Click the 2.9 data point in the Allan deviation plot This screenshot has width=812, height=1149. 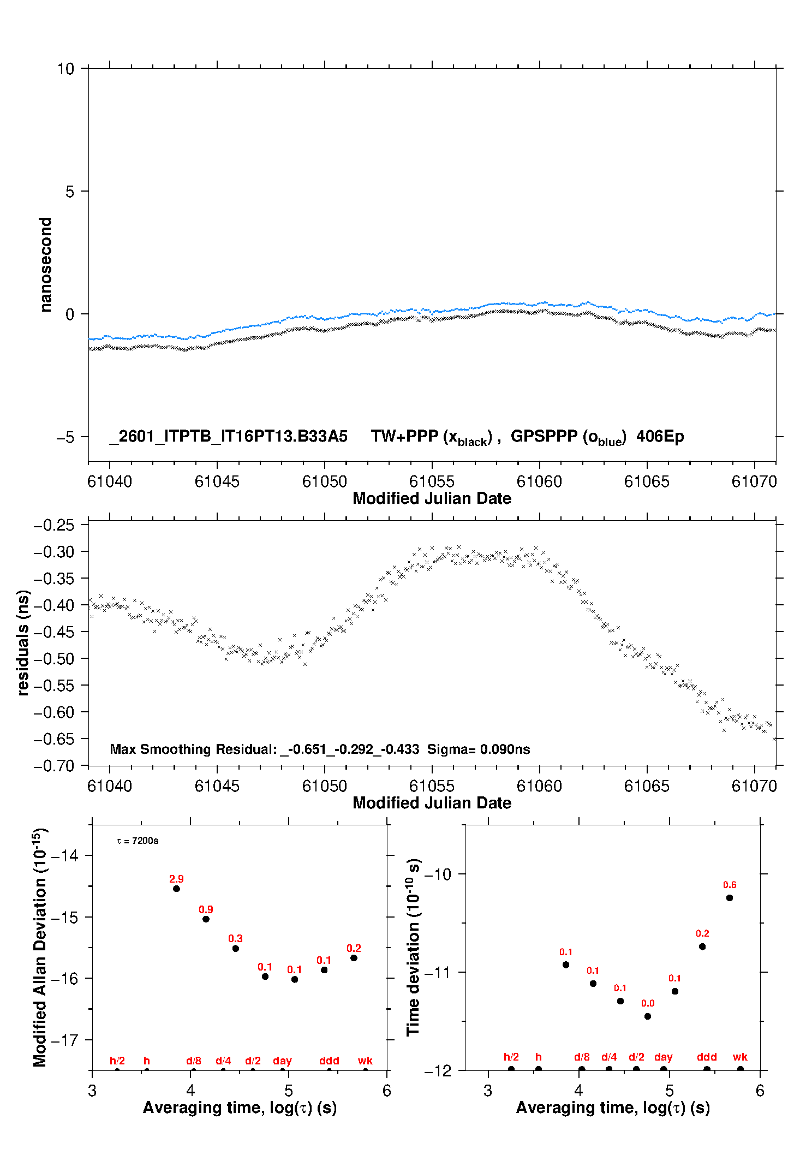(x=176, y=889)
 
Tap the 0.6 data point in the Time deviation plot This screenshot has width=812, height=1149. (x=730, y=898)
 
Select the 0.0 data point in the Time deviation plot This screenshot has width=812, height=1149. (x=648, y=1016)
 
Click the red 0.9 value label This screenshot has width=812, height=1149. (x=206, y=909)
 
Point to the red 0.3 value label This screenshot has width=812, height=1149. (x=235, y=938)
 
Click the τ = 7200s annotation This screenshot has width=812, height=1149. (x=138, y=841)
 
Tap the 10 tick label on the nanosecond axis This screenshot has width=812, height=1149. (x=65, y=69)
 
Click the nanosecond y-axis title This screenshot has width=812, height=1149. (x=46, y=265)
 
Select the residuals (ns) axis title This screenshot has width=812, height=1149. (x=23, y=643)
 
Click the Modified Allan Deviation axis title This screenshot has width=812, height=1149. (x=40, y=947)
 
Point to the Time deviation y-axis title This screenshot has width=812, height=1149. (x=414, y=947)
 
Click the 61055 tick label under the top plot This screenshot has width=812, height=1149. (x=432, y=481)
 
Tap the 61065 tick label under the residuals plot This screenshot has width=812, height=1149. (x=647, y=786)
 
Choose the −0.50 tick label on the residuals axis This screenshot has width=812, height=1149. (x=54, y=659)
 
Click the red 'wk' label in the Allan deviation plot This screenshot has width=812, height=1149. (x=365, y=1061)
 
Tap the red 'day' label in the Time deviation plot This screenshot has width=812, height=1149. (x=664, y=1057)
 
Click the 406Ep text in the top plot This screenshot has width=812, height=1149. (x=660, y=437)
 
